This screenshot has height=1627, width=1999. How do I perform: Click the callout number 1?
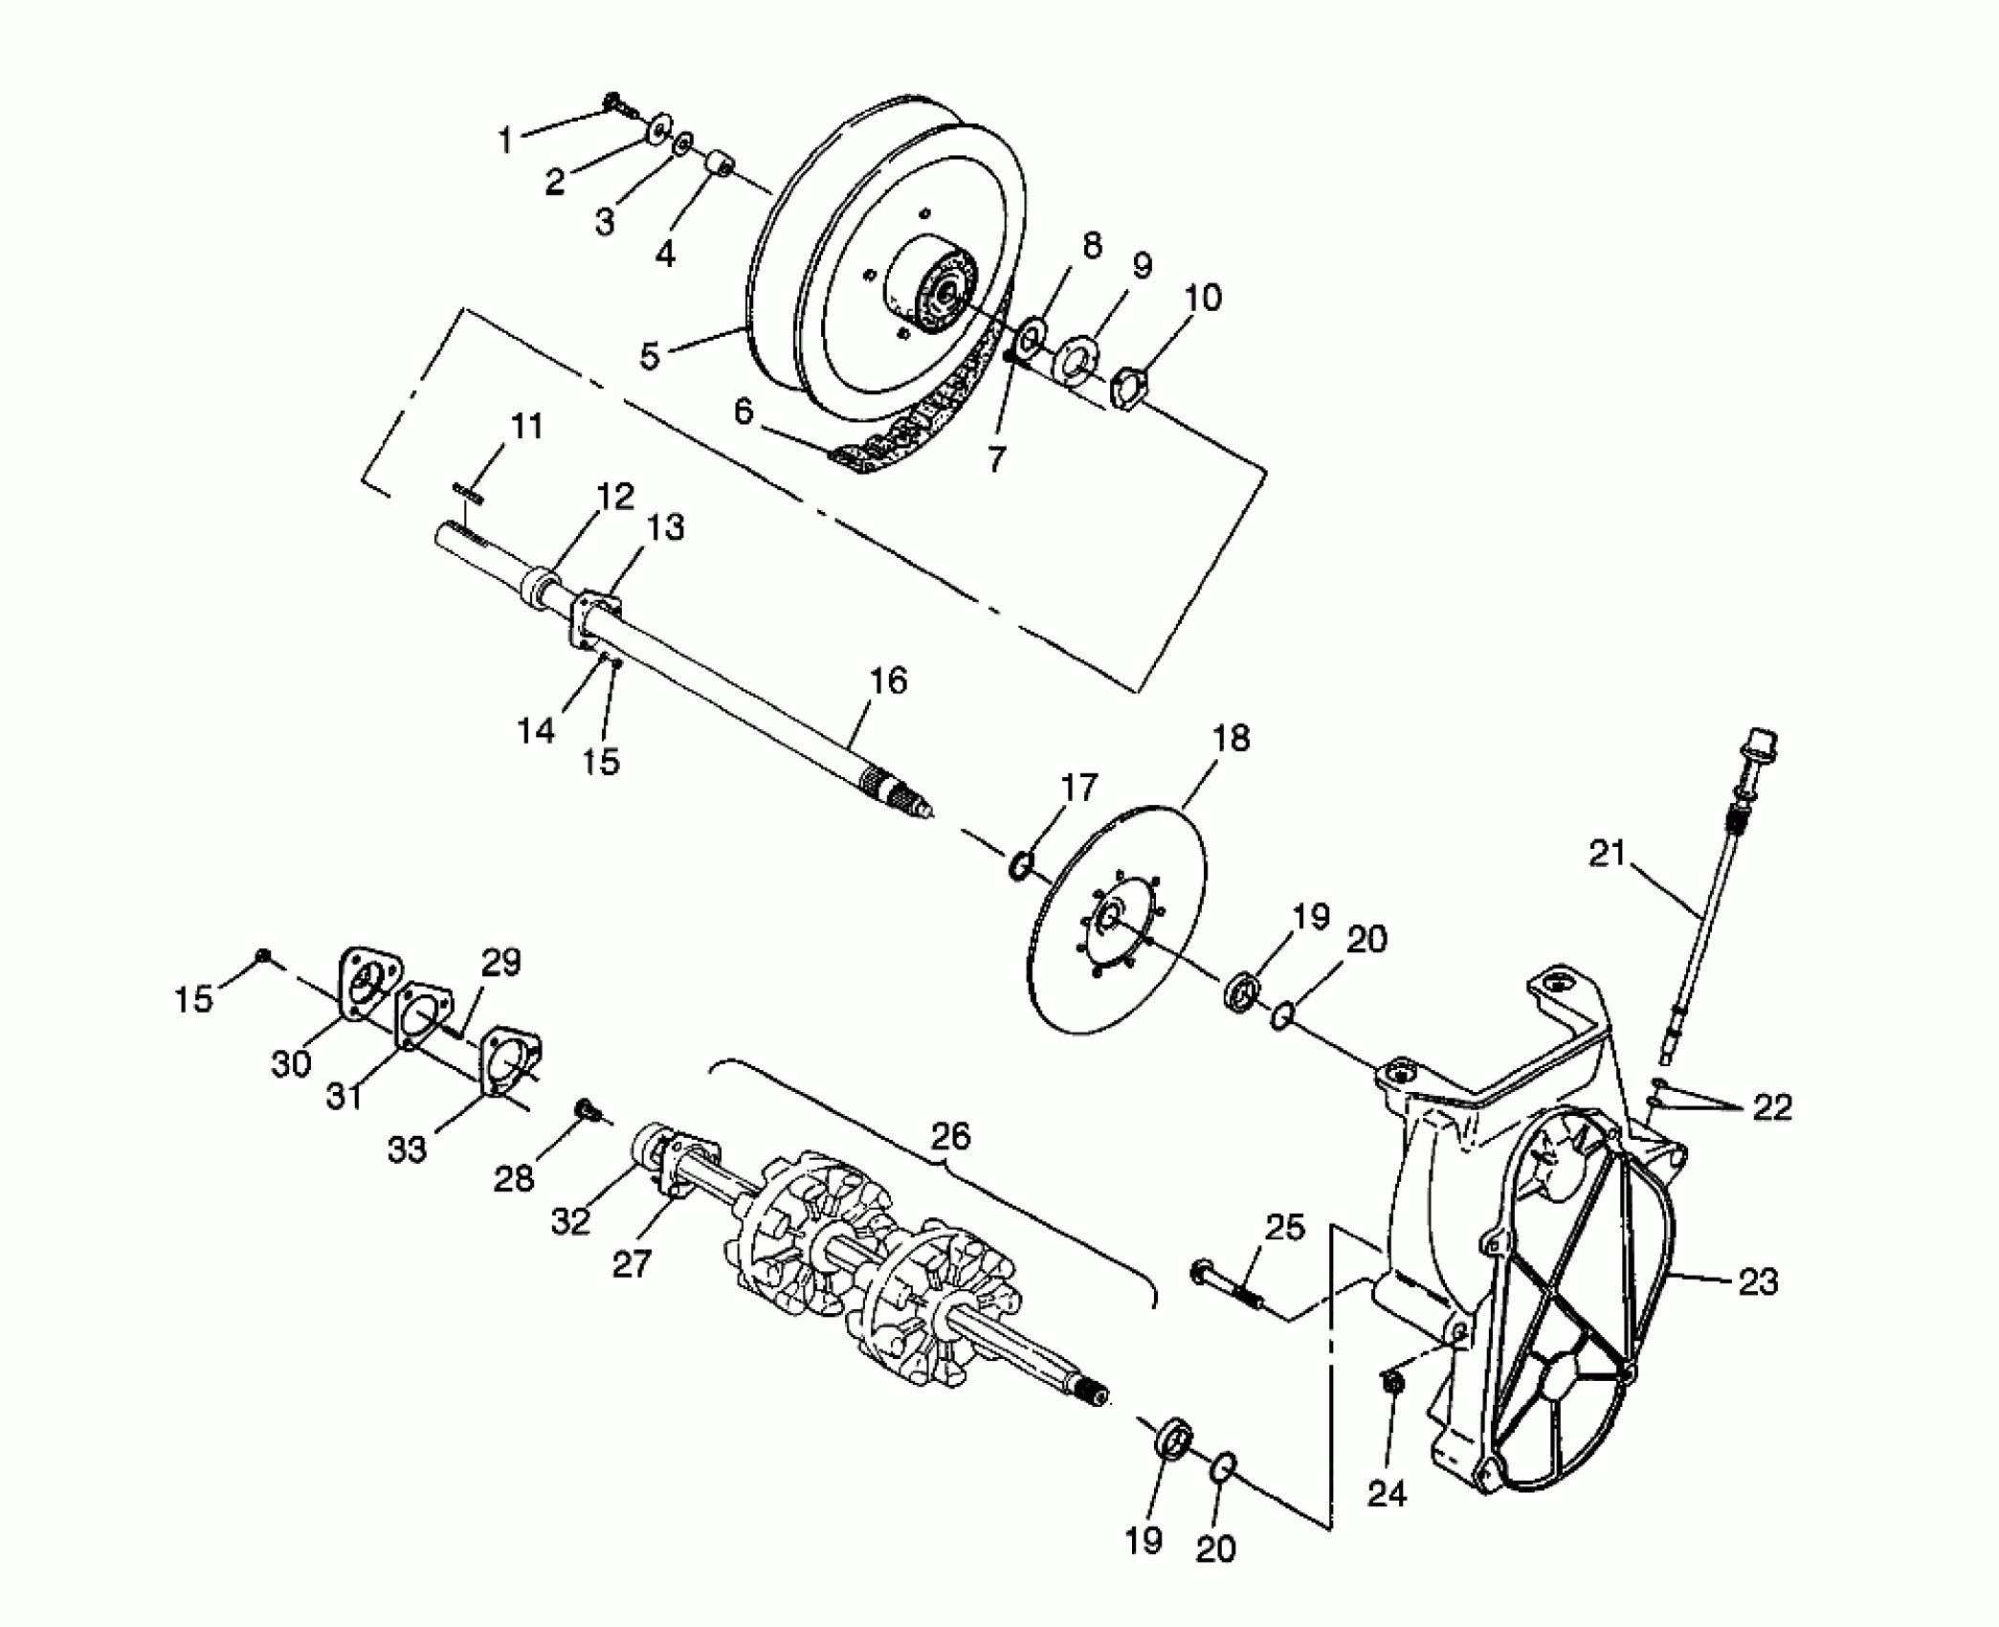coord(505,140)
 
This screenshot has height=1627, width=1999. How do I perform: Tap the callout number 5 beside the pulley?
coord(650,356)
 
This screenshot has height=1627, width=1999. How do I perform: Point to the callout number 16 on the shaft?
coord(888,681)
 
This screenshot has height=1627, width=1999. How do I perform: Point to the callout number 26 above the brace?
coord(950,1136)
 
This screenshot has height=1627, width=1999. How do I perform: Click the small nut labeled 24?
coord(1393,1383)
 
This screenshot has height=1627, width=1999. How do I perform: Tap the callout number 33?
coord(407,1149)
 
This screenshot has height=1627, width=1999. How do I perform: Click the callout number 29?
coord(500,962)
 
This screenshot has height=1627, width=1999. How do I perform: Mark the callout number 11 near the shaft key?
coord(525,426)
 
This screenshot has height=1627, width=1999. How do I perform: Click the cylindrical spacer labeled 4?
coord(720,162)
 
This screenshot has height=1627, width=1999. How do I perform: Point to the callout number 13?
coord(665,527)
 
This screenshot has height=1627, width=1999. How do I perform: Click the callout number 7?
coord(996,459)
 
